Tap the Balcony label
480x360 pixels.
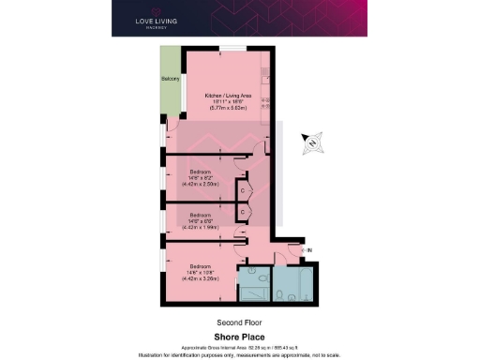click(169, 79)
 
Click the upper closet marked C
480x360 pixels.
click(242, 191)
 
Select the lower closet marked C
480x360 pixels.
click(242, 213)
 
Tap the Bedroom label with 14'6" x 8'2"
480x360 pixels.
click(200, 175)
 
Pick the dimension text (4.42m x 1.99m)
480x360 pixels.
click(200, 226)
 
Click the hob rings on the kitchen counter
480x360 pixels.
click(265, 103)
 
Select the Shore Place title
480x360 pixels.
click(239, 336)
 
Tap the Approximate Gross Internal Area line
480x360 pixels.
click(239, 346)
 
